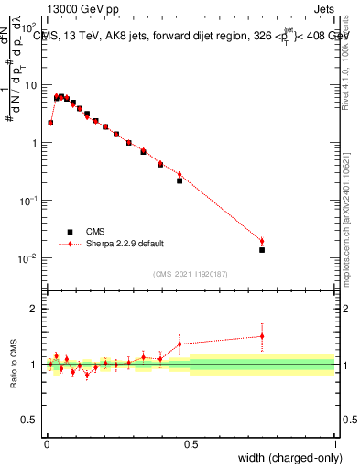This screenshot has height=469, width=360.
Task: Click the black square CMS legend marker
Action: point(69,232)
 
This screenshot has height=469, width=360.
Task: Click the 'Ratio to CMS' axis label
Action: point(15,364)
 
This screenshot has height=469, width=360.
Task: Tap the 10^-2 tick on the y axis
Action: point(30,258)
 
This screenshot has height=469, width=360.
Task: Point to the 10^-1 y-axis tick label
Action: point(30,201)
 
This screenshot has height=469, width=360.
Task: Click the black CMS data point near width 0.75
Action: point(262,250)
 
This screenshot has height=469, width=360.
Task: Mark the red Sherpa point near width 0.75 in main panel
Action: point(262,242)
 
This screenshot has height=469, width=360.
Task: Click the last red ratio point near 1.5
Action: point(262,336)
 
